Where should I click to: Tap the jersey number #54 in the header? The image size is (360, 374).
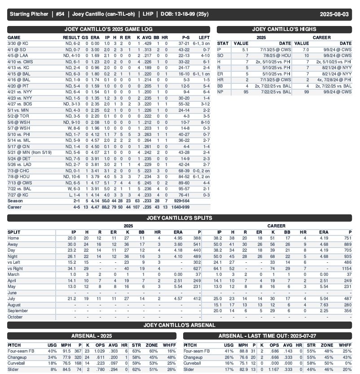pyautogui.click(x=60, y=14)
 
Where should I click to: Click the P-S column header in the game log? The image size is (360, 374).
pyautogui.click(x=184, y=37)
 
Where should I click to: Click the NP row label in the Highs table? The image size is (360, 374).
pyautogui.click(x=220, y=92)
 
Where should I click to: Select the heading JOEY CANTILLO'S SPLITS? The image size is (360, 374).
pyautogui.click(x=180, y=218)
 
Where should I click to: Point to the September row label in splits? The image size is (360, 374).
pyautogui.click(x=18, y=310)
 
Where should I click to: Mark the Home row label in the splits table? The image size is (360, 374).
pyautogui.click(x=14, y=238)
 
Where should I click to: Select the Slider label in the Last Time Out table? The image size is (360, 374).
pyautogui.click(x=190, y=370)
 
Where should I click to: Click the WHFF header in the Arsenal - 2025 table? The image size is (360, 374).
pyautogui.click(x=171, y=345)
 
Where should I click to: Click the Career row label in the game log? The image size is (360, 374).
pyautogui.click(x=14, y=207)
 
